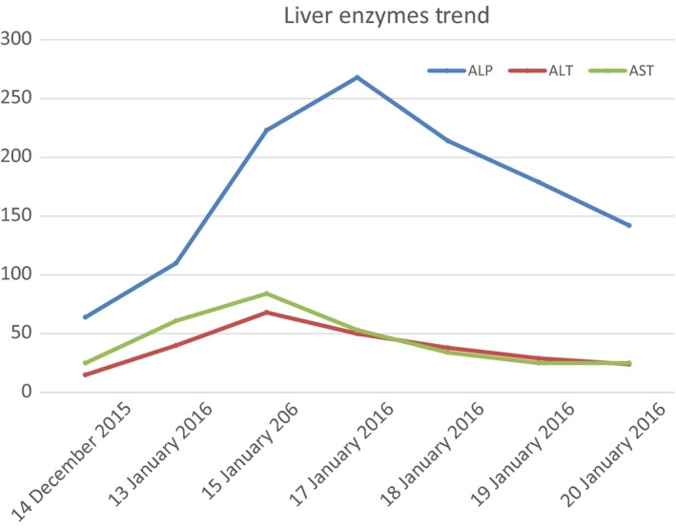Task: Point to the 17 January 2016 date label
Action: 326,457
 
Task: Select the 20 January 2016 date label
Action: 603,457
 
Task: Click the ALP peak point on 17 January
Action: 358,77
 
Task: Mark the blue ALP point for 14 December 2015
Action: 85,317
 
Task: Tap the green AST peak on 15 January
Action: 267,294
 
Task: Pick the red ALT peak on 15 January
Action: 267,313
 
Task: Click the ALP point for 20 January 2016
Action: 629,226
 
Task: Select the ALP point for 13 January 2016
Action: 176,263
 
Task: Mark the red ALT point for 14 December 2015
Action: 85,375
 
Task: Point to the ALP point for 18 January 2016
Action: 448,141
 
